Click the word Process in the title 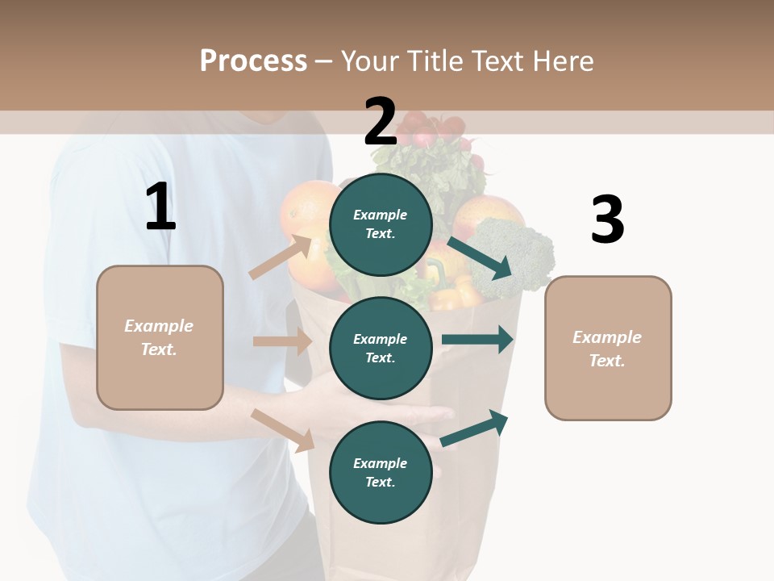coord(253,61)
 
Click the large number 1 coord(160,207)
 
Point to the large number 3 coord(607,220)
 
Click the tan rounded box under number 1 coord(160,337)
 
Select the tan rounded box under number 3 coord(608,348)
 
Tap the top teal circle coord(381,224)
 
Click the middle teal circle coord(381,348)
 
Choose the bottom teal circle coord(381,472)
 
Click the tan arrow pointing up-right coord(281,257)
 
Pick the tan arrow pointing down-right coord(283,429)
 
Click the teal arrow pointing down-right coord(480,257)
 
